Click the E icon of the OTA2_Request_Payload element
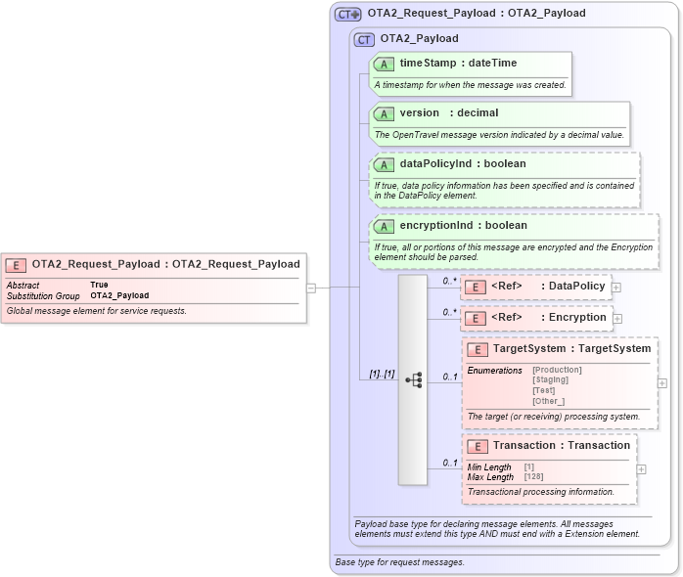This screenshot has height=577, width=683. point(16,264)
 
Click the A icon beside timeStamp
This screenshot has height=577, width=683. point(385,64)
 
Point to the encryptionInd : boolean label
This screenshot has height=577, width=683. point(463,225)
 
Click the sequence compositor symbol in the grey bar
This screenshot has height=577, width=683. point(413,379)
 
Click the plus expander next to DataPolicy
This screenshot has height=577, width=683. point(617,287)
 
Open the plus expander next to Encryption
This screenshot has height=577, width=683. point(617,318)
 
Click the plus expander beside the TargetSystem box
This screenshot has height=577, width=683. point(662,383)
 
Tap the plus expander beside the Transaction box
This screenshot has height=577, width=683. point(642,469)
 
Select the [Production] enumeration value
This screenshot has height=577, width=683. point(557,370)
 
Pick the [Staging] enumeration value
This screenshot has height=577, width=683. point(550,379)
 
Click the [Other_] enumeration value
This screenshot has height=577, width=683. point(548,401)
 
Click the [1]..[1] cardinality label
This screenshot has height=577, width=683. point(381,374)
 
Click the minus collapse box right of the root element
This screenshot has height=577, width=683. point(311,288)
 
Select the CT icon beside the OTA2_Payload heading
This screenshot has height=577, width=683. point(364,39)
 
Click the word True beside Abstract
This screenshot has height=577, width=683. point(99,285)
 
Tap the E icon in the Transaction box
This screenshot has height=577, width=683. point(478,446)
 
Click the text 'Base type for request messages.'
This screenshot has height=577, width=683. point(399,562)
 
